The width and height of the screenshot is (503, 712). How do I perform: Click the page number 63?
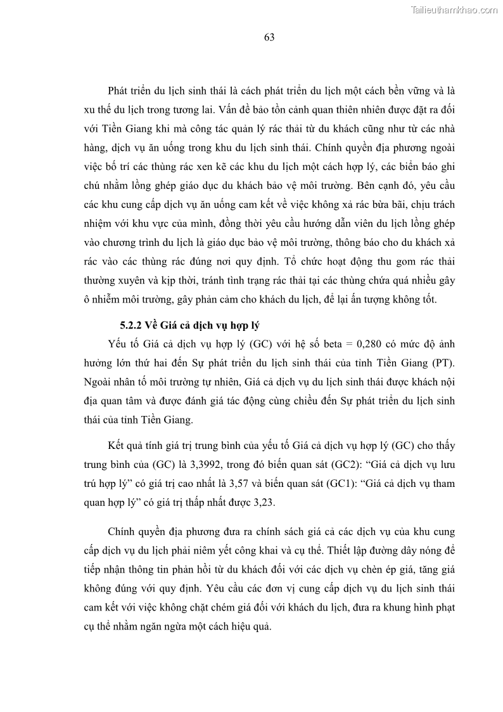[269, 37]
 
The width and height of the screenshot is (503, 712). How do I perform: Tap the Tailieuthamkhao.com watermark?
[454, 10]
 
